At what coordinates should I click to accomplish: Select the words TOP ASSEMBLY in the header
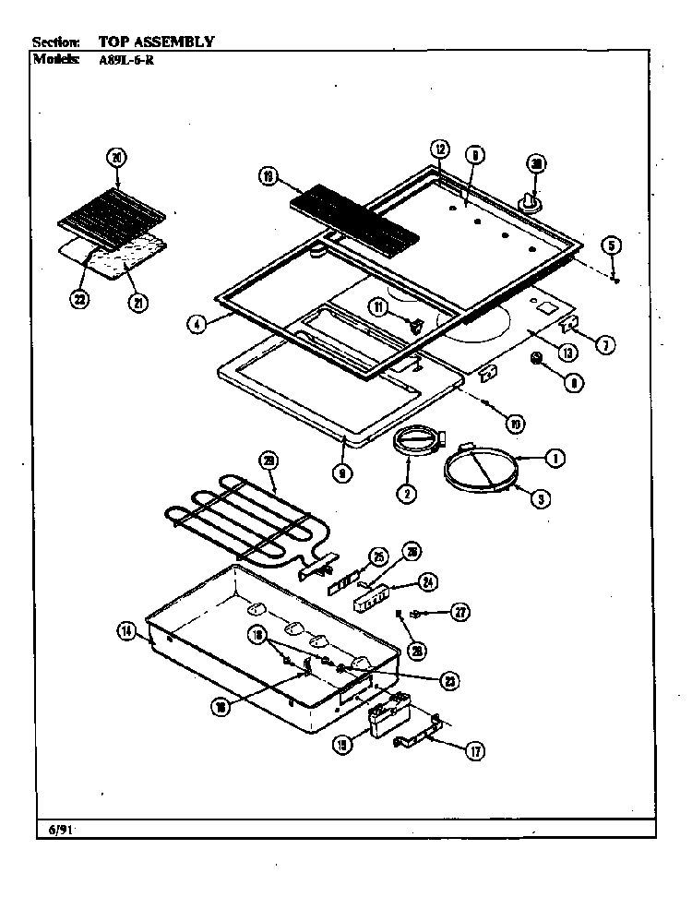pyautogui.click(x=156, y=42)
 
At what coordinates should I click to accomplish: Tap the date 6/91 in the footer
pyautogui.click(x=60, y=830)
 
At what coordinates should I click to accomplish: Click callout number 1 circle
pyautogui.click(x=555, y=457)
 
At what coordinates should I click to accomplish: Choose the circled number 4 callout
pyautogui.click(x=195, y=323)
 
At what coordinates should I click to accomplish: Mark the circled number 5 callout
pyautogui.click(x=613, y=245)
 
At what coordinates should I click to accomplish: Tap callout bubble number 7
pyautogui.click(x=604, y=345)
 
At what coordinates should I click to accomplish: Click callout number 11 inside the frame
pyautogui.click(x=378, y=306)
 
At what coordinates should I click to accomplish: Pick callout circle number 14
pyautogui.click(x=126, y=632)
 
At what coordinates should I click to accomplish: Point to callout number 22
pyautogui.click(x=82, y=298)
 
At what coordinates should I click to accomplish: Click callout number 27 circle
pyautogui.click(x=459, y=611)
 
